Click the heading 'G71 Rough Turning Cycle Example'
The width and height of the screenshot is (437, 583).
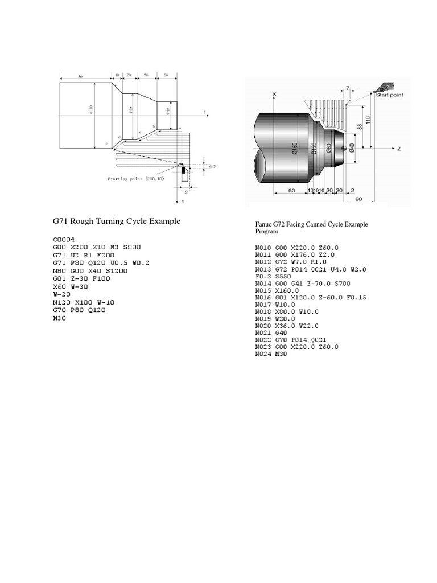pos(116,221)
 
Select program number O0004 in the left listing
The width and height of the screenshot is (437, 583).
pos(64,239)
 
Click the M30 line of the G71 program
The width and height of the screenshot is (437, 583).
pos(59,319)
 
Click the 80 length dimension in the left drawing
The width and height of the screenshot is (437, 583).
pos(80,76)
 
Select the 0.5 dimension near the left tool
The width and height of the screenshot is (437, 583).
pos(212,166)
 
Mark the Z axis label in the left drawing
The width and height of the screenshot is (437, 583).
pos(203,112)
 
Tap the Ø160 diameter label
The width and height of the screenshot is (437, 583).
pos(295,147)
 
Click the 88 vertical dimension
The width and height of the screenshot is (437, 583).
pos(360,127)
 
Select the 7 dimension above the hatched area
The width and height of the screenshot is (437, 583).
pos(347,88)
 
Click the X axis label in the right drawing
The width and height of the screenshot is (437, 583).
pos(274,95)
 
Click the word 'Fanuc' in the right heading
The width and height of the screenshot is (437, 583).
pos(264,224)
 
